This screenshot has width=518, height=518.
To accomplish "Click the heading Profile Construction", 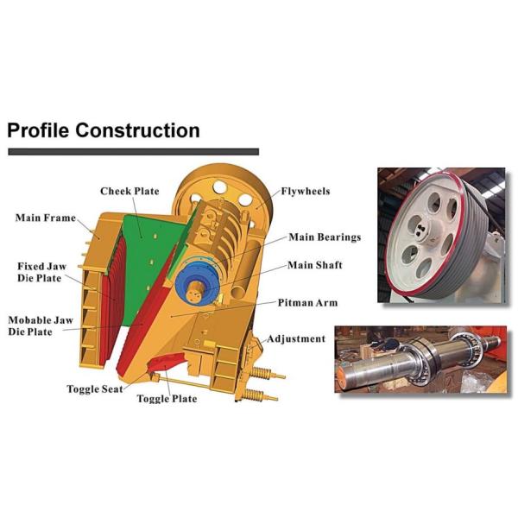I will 104,131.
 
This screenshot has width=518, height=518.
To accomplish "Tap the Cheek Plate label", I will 129,191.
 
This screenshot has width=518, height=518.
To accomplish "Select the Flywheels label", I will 305,191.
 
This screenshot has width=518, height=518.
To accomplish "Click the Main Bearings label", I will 324,237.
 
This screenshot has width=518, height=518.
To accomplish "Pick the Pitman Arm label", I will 307,303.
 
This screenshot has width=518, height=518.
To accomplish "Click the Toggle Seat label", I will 95,389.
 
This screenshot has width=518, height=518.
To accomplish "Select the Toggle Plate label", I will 167,399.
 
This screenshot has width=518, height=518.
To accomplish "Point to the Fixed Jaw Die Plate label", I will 42,273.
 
